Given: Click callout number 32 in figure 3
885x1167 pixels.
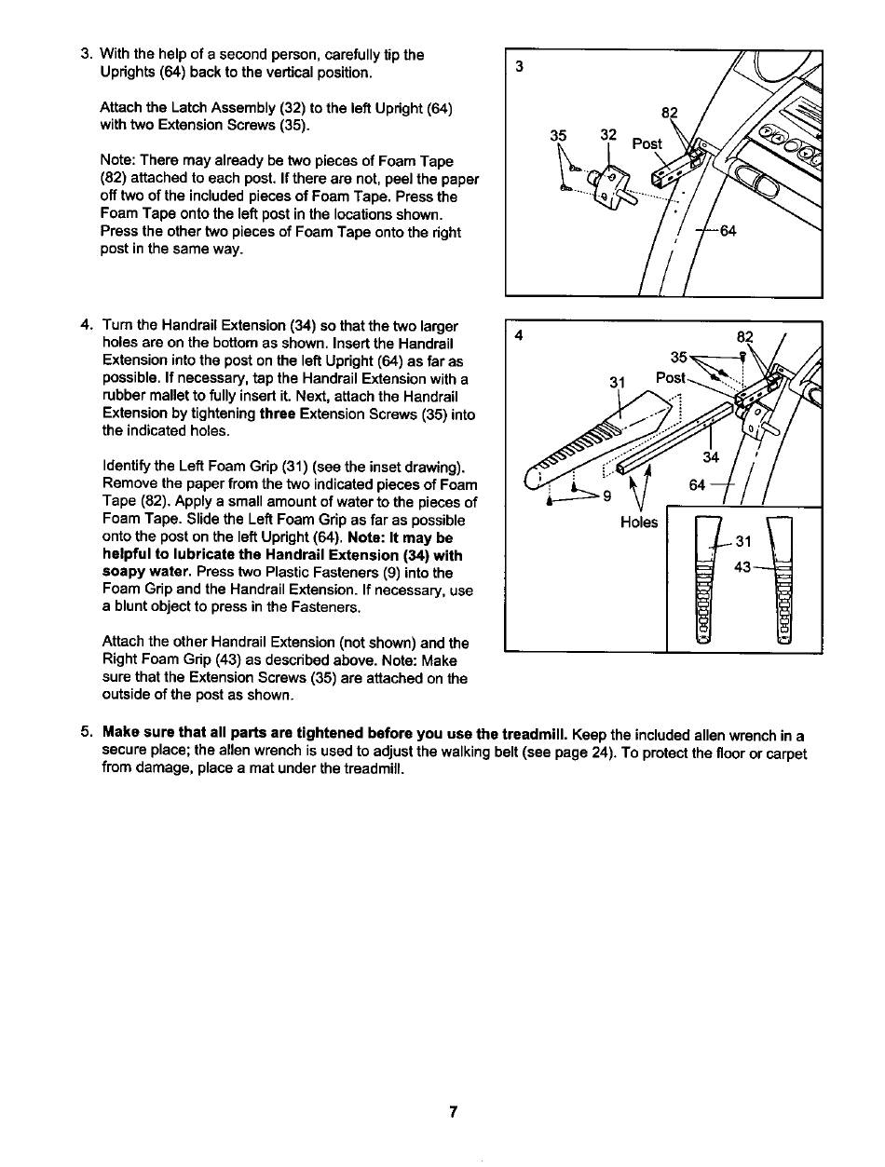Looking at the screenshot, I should point(608,135).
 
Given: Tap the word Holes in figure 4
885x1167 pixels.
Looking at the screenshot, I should point(638,522).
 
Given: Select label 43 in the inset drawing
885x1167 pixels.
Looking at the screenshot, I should point(743,566).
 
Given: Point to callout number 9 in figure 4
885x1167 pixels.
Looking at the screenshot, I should point(606,495).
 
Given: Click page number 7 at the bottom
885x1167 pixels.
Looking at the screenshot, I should point(452,1111).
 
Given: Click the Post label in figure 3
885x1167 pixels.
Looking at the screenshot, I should point(647,144).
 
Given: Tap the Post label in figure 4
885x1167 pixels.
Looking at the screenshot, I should point(671,377).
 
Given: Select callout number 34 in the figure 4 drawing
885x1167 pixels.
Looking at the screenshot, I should point(711,455).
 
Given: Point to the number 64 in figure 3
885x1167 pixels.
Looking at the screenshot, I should point(728,232).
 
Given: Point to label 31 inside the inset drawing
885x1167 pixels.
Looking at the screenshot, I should point(743,541).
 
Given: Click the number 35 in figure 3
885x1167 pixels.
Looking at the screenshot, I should point(558,135).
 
